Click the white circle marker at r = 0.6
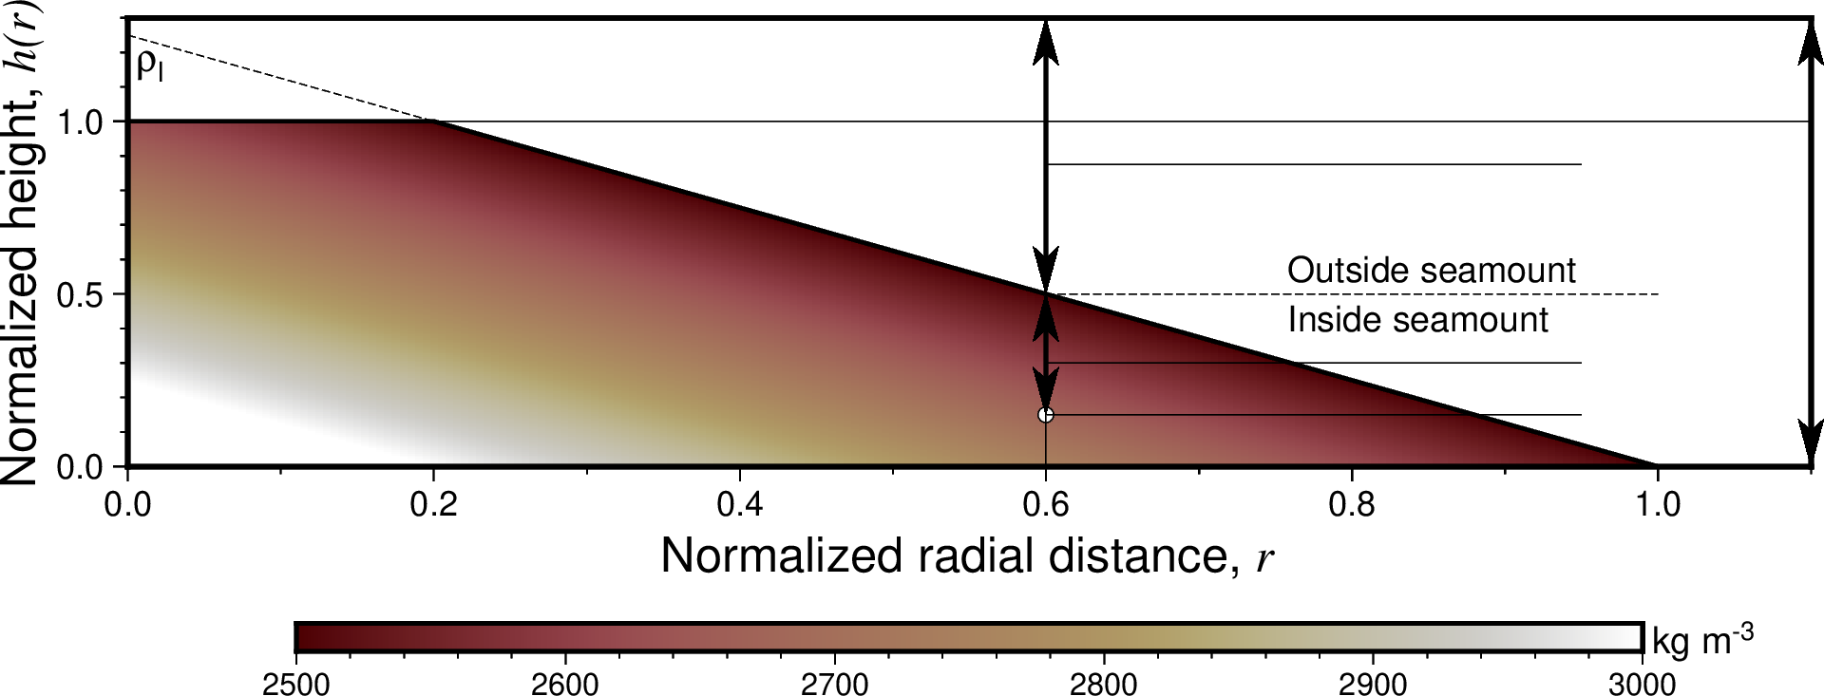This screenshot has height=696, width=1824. (1046, 415)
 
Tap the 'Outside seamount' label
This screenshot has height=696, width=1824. (1431, 271)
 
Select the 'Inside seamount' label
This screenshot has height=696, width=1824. (1417, 320)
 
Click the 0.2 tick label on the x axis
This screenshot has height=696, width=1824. (433, 504)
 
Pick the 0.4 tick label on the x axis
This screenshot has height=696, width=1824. (739, 504)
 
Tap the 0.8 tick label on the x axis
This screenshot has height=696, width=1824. (1351, 504)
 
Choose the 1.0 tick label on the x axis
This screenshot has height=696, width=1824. (1657, 504)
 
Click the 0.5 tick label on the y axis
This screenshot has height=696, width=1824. (80, 294)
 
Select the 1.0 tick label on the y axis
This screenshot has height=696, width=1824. (80, 122)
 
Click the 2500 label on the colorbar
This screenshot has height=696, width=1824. (296, 684)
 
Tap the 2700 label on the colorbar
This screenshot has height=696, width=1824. (834, 684)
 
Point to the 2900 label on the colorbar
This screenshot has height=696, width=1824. (1373, 684)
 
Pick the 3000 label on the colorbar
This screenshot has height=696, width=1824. (1642, 684)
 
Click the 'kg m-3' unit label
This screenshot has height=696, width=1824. (1701, 640)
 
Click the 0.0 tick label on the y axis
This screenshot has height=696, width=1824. (80, 467)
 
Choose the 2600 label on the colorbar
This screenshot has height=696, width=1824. (565, 684)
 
